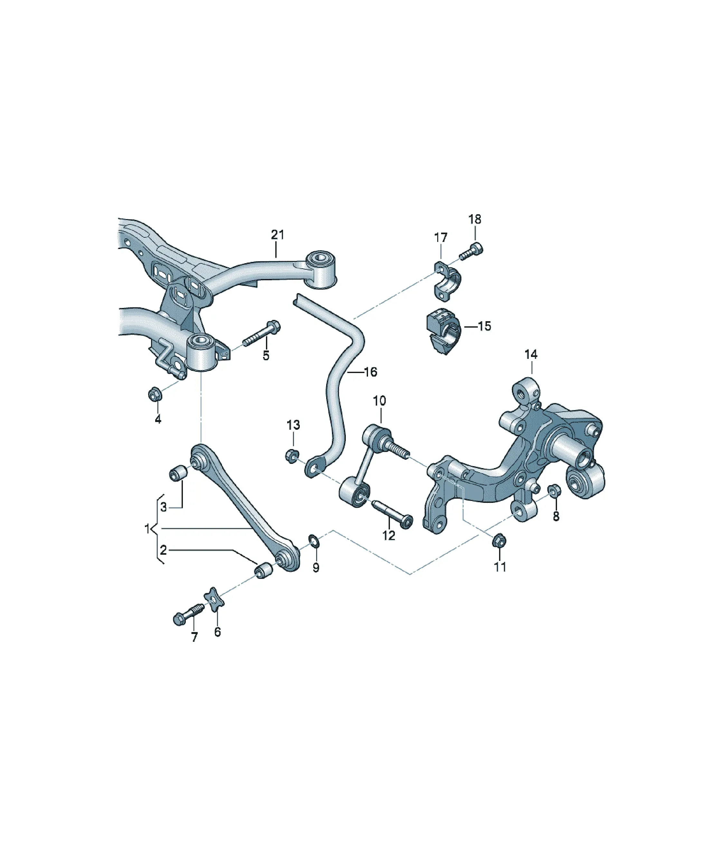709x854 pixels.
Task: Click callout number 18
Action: (474, 219)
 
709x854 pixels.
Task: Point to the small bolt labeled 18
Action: (472, 251)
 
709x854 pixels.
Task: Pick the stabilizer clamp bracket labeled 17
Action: (447, 282)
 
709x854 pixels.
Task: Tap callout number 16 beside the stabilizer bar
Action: (370, 372)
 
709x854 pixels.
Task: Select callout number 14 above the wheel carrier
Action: (531, 355)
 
